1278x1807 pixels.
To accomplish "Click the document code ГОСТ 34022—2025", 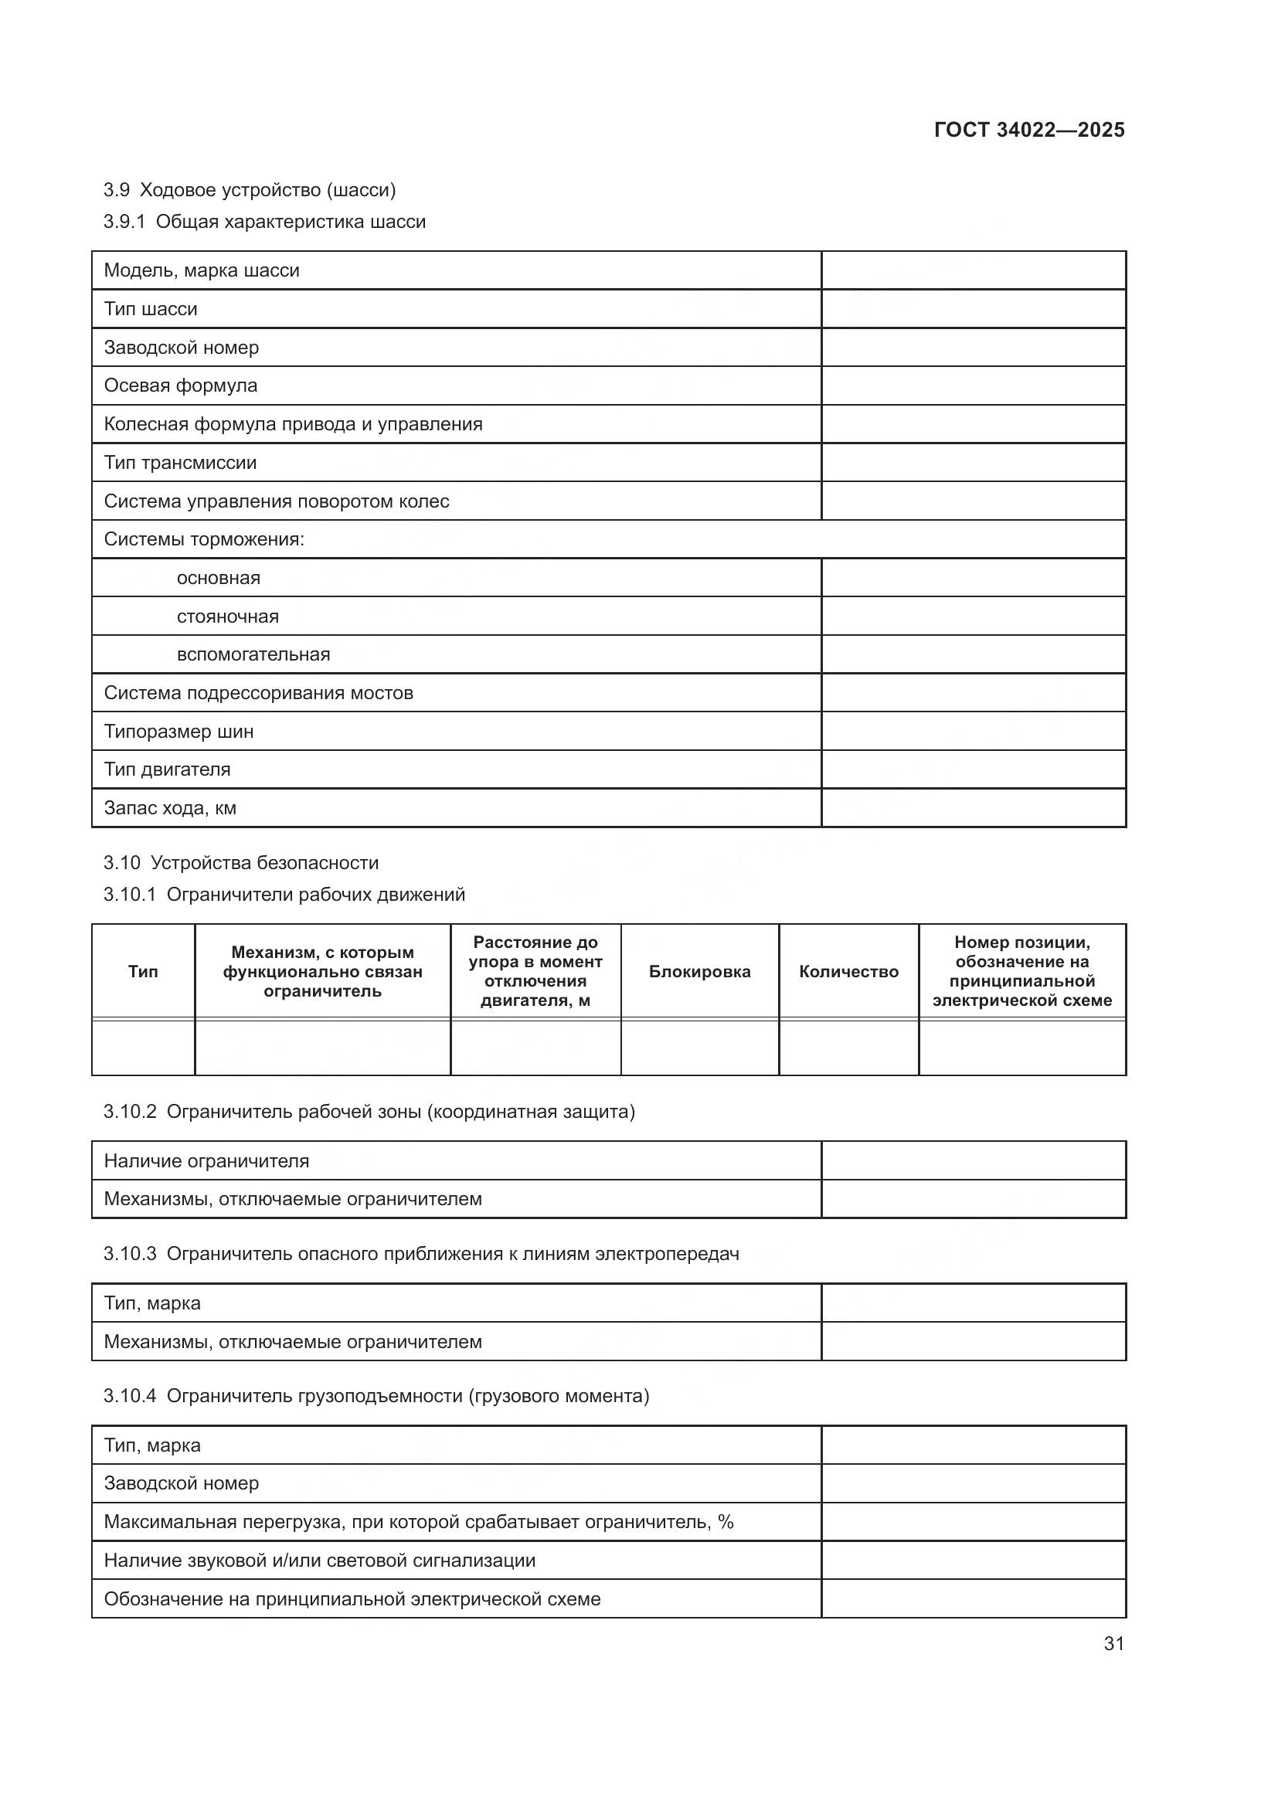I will pyautogui.click(x=1028, y=130).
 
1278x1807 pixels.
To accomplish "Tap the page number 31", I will pyautogui.click(x=1113, y=1643).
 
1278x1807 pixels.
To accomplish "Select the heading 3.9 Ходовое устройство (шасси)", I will pyautogui.click(x=250, y=190).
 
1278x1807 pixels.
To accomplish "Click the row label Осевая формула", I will pyautogui.click(x=180, y=386).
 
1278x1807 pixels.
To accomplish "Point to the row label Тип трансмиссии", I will pyautogui.click(x=180, y=463).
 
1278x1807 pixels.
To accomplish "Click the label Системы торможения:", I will pyautogui.click(x=204, y=539).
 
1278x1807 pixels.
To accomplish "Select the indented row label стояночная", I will pyautogui.click(x=227, y=616).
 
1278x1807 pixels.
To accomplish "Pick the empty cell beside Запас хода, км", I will pyautogui.click(x=973, y=808).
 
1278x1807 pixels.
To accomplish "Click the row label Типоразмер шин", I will pyautogui.click(x=178, y=732).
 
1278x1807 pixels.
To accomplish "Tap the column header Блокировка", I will pyautogui.click(x=698, y=972).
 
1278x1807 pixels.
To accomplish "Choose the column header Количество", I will pyautogui.click(x=848, y=972).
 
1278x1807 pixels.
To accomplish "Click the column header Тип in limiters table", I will pyautogui.click(x=143, y=972).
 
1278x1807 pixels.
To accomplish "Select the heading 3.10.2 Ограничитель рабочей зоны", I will pyautogui.click(x=369, y=1111).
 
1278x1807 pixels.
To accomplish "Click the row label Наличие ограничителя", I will pyautogui.click(x=206, y=1161).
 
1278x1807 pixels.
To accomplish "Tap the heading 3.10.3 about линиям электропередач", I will pyautogui.click(x=421, y=1254).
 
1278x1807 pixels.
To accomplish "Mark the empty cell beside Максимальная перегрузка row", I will pyautogui.click(x=973, y=1522).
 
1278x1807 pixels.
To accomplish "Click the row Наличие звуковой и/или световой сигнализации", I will pyautogui.click(x=320, y=1561).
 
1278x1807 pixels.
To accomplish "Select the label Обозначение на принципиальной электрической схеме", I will pyautogui.click(x=352, y=1599).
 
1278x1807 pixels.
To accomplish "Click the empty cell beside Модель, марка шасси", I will pyautogui.click(x=973, y=270).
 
